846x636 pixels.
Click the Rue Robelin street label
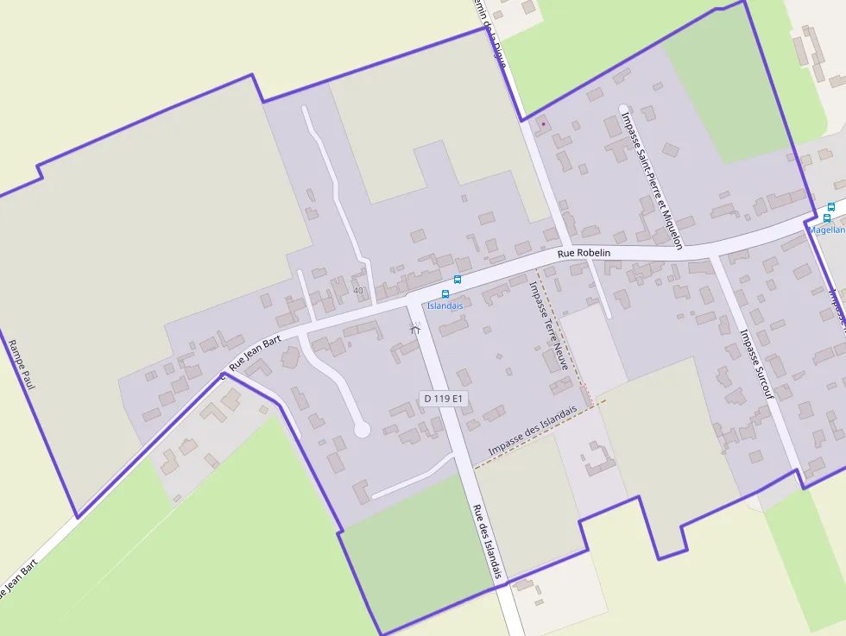coord(584,253)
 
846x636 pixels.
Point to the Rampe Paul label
coord(21,364)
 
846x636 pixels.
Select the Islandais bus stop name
coord(445,305)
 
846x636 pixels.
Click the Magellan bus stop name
coord(826,230)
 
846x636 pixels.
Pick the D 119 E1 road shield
coord(445,399)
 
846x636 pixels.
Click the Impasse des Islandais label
coord(532,431)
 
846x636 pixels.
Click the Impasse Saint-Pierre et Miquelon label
coord(652,179)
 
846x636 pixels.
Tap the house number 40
coord(358,290)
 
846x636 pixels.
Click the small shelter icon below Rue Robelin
coord(415,328)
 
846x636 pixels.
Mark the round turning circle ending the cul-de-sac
coord(362,429)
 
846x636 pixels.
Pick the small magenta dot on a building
coord(543,124)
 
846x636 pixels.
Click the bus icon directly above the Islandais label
coord(445,294)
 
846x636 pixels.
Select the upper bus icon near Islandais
coord(458,280)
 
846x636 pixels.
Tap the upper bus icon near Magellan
coord(831,207)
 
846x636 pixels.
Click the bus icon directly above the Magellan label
coord(826,218)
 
